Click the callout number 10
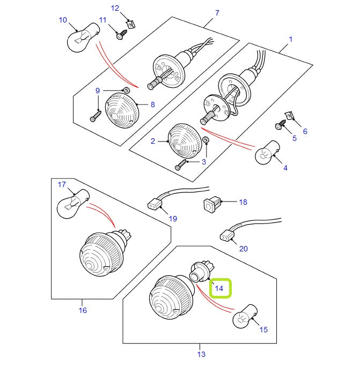point(63,20)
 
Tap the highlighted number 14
point(219,288)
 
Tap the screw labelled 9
point(95,116)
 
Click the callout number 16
point(82,310)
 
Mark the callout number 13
point(201,354)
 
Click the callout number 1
point(290,39)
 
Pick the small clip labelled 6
point(289,115)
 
